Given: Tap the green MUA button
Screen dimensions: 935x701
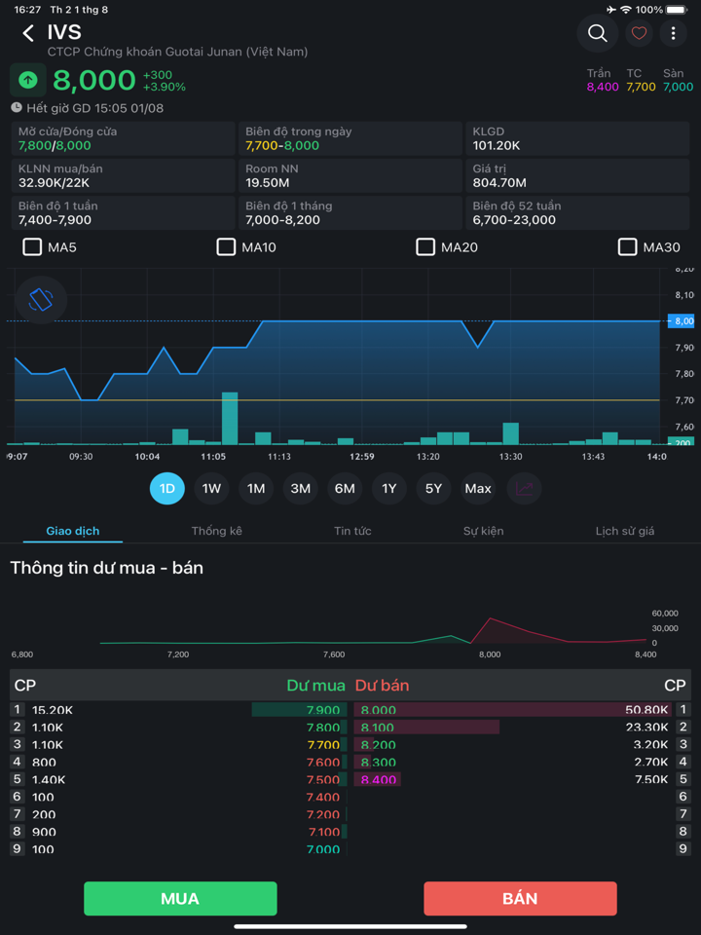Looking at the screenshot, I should [x=180, y=898].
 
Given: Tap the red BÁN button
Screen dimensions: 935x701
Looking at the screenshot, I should [x=520, y=898].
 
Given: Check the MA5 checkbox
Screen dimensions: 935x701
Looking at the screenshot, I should [x=32, y=247].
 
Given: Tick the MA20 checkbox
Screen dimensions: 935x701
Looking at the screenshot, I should [x=425, y=247].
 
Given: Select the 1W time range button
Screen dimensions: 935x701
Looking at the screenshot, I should [x=211, y=488].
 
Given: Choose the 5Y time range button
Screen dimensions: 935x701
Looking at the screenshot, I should [x=433, y=488].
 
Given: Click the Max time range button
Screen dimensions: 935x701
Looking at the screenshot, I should [x=478, y=488].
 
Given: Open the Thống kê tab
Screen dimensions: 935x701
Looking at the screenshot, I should [x=216, y=531].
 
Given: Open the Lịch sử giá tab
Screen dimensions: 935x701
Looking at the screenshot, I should [x=624, y=531].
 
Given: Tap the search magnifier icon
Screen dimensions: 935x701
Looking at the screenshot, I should [x=597, y=34].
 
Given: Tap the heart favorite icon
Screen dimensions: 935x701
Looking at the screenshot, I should [x=639, y=34].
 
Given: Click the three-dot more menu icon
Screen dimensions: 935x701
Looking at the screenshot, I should [x=673, y=34].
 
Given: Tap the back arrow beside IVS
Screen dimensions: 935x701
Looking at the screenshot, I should [x=28, y=34].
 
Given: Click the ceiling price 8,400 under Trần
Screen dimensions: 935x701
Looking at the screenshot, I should [x=603, y=88].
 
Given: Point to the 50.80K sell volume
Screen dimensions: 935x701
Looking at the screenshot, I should [x=646, y=711].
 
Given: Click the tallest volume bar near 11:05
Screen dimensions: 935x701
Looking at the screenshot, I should [x=230, y=418].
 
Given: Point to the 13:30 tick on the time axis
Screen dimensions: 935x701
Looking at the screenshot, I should [x=510, y=457].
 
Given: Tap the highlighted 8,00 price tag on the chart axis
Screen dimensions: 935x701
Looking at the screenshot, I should [x=680, y=321].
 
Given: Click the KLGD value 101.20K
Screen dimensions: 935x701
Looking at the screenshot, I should [x=496, y=146].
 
